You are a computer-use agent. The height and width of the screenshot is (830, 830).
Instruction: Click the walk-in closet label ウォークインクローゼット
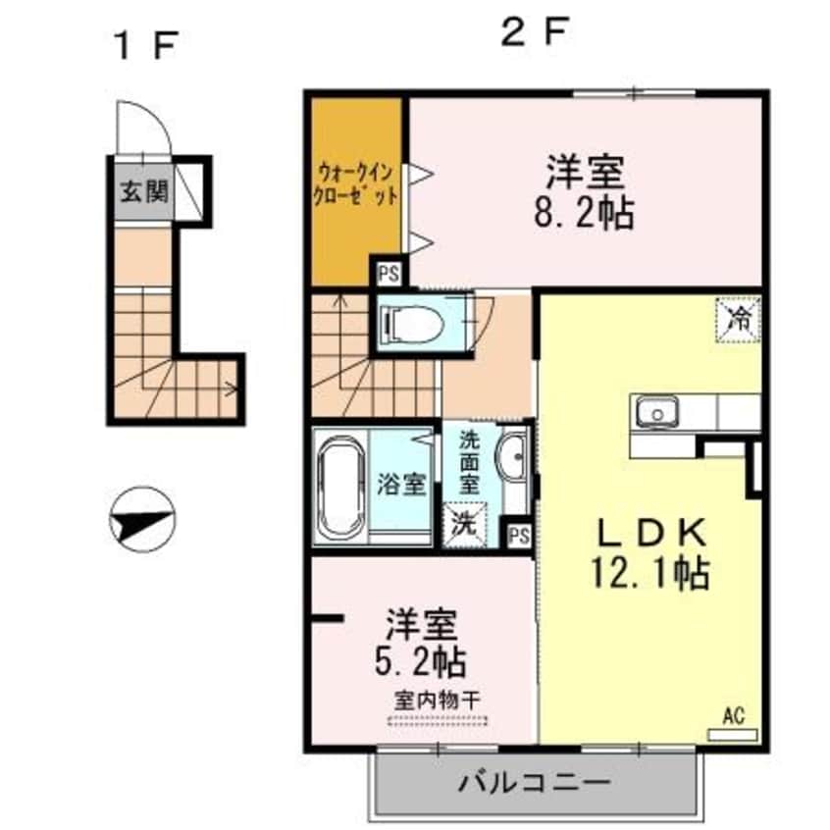click(355, 183)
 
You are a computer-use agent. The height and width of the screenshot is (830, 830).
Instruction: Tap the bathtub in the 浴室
click(340, 486)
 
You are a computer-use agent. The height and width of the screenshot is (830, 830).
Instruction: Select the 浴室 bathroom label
click(401, 484)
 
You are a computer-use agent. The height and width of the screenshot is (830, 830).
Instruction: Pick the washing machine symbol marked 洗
click(462, 522)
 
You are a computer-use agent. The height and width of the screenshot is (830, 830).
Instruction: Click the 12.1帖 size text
click(651, 573)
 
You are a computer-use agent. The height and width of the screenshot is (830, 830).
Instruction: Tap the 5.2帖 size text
click(423, 662)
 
